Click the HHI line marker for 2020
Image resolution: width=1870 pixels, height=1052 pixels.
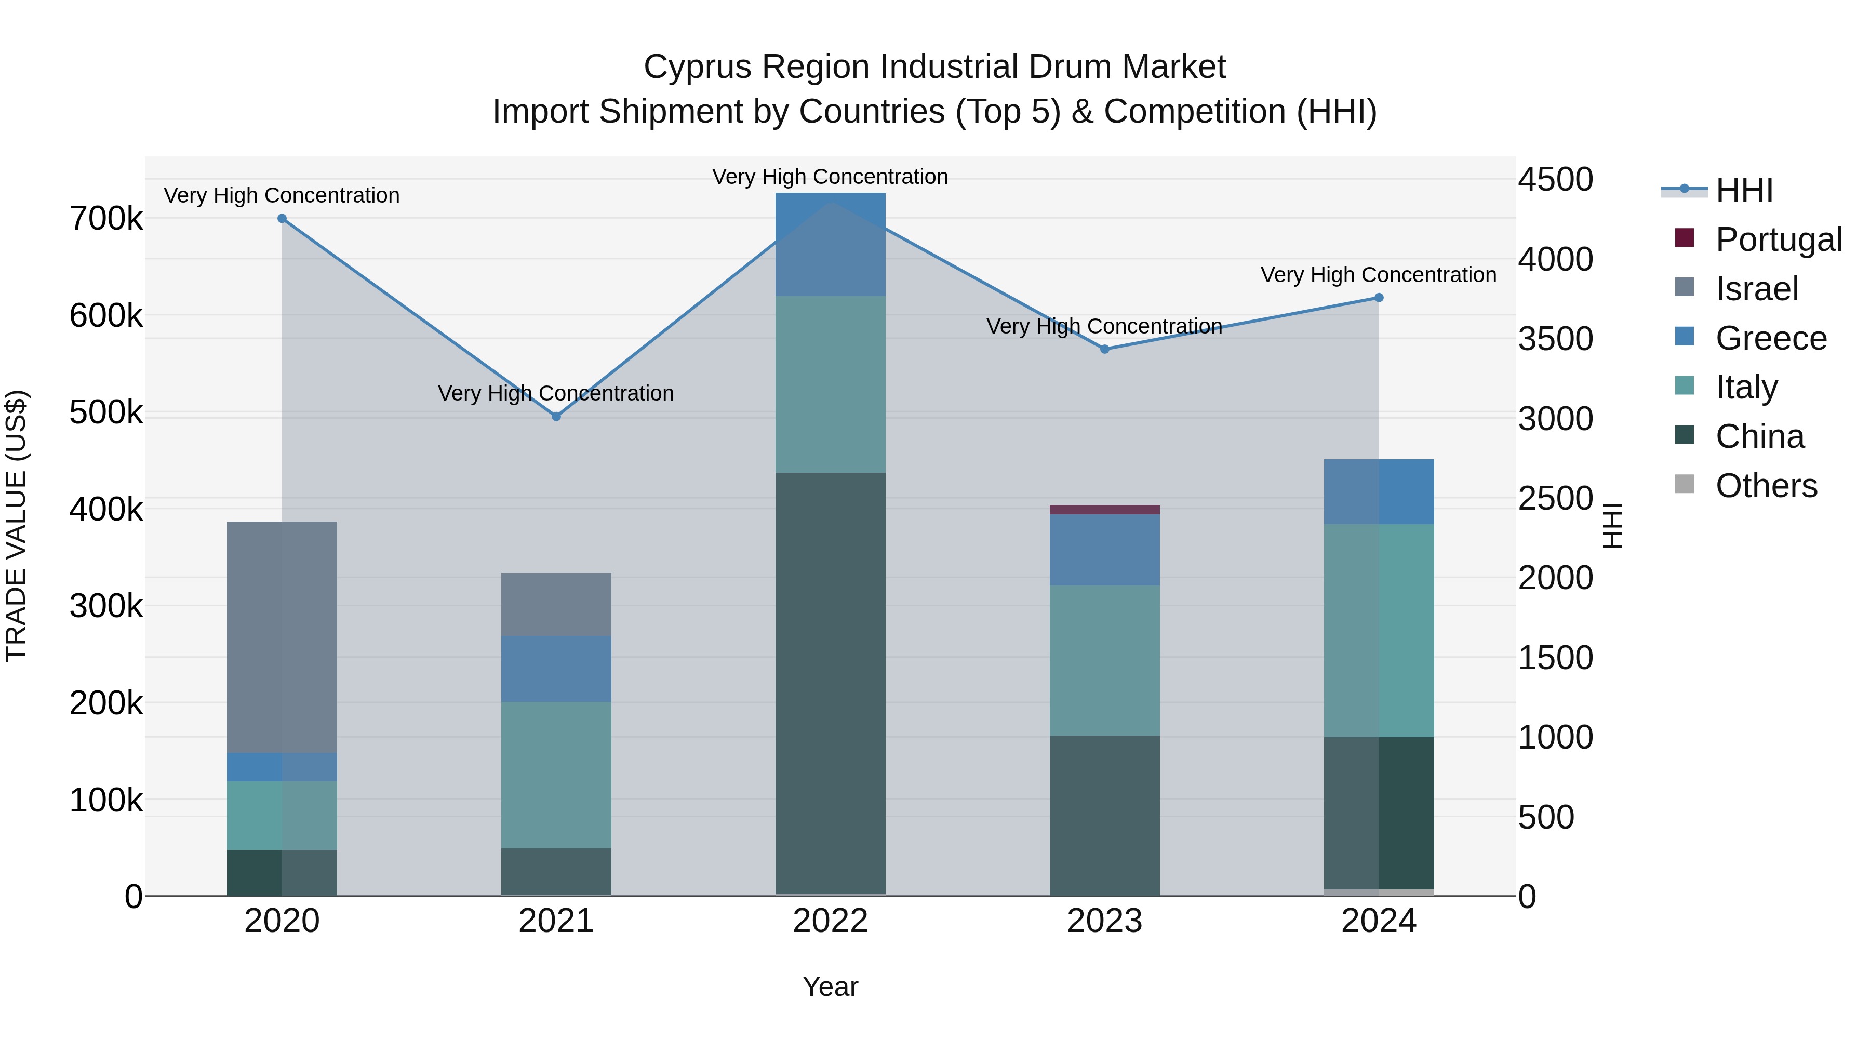[x=283, y=219]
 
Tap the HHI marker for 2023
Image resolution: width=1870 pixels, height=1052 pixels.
[x=1105, y=349]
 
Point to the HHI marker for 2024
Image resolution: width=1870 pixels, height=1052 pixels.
[x=1379, y=298]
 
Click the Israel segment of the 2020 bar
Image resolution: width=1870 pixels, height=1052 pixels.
[x=283, y=637]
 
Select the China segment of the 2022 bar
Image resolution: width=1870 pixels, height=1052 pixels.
[x=831, y=683]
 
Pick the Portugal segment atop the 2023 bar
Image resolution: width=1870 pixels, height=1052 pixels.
[x=1104, y=510]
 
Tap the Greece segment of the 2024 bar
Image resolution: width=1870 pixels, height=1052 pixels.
[x=1379, y=491]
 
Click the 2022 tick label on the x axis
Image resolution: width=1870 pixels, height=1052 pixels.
[x=831, y=921]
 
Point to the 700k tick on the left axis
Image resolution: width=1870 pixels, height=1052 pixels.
[x=106, y=219]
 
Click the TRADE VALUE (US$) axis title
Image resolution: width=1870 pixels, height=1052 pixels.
[x=17, y=526]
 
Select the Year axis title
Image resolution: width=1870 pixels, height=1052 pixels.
[x=831, y=987]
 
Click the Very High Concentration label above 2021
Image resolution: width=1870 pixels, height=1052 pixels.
[x=556, y=393]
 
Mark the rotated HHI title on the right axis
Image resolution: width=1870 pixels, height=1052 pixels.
[x=1612, y=526]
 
